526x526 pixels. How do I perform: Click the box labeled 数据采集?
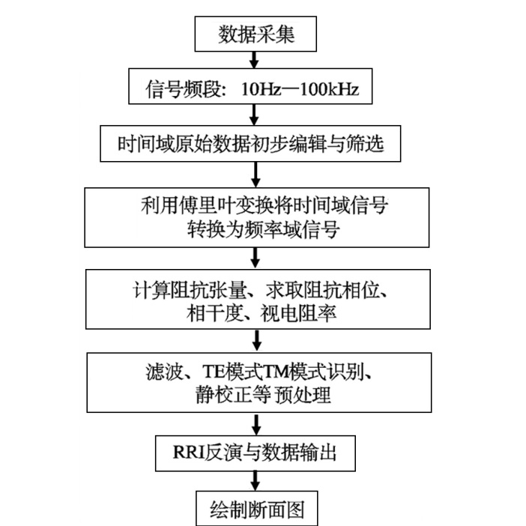click(256, 34)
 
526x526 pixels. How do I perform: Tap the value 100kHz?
click(329, 89)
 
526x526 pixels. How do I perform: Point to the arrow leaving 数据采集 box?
click(254, 60)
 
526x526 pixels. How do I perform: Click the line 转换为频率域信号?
click(263, 230)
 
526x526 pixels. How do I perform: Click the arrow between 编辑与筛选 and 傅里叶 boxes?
click(256, 175)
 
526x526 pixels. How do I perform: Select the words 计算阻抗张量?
click(190, 290)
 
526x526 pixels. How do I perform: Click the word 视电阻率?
click(298, 314)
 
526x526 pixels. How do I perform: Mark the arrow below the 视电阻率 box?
click(257, 340)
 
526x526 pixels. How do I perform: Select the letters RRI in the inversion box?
click(189, 453)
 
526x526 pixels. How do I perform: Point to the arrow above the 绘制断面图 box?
click(256, 481)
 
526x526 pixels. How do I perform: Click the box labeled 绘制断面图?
click(256, 508)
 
